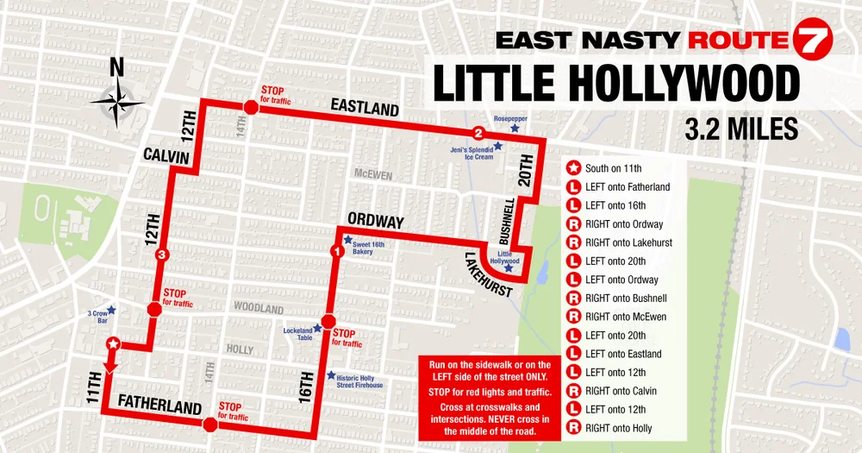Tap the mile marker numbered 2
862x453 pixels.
[x=478, y=133]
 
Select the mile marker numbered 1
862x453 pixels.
[x=336, y=250]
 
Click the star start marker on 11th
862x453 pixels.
[x=112, y=345]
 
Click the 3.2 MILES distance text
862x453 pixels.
[x=740, y=129]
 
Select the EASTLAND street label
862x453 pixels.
[x=365, y=108]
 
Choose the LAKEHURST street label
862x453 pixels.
[x=489, y=274]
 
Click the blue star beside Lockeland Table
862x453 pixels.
[x=317, y=329]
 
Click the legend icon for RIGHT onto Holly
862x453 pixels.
[x=572, y=428]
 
